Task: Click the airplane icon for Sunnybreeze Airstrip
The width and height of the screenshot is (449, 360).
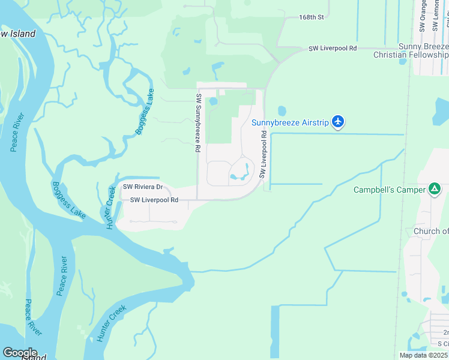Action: coord(338,122)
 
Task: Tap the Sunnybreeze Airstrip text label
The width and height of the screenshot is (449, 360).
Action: coord(290,123)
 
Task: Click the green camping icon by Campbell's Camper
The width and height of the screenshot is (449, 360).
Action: coord(435,190)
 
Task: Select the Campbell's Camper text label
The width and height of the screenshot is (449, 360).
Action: coord(389,190)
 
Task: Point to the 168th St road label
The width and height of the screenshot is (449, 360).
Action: coord(311,17)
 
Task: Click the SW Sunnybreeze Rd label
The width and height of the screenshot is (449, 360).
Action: coord(198,122)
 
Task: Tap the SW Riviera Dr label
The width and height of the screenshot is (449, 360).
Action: coord(143,187)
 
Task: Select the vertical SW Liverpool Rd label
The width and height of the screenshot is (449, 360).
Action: coord(263,155)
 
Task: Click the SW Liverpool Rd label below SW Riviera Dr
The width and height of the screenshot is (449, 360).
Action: coord(154,200)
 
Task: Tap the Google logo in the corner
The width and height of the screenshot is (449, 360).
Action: coord(19,353)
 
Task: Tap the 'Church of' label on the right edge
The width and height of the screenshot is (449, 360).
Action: coord(430,231)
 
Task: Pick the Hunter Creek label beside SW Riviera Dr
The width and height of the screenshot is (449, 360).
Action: coord(110,199)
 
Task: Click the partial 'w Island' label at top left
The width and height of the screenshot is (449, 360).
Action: coord(18,34)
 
